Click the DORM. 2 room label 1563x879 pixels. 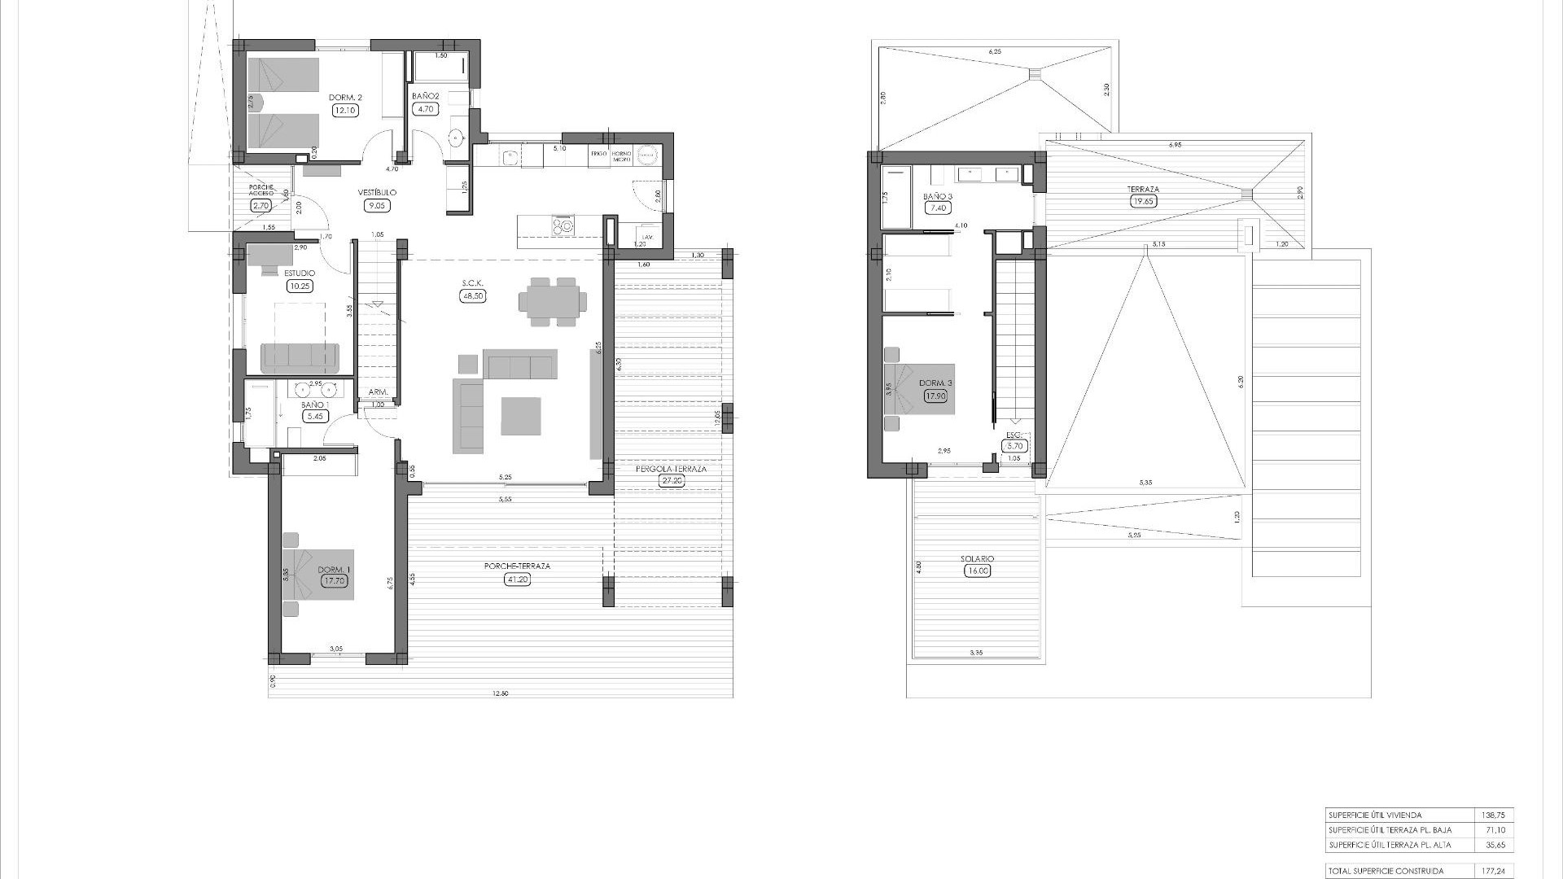pyautogui.click(x=345, y=98)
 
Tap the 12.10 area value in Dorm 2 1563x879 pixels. pyautogui.click(x=345, y=110)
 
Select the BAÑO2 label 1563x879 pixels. pyautogui.click(x=426, y=97)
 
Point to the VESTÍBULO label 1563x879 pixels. pyautogui.click(x=377, y=193)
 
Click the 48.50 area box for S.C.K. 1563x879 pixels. pyautogui.click(x=472, y=296)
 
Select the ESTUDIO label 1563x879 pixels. pyautogui.click(x=300, y=273)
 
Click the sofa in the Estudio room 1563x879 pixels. pyautogui.click(x=299, y=356)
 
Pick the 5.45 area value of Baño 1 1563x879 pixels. pyautogui.click(x=313, y=416)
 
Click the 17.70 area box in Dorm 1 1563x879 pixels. pyautogui.click(x=334, y=581)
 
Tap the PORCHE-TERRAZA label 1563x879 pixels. pyautogui.click(x=506, y=566)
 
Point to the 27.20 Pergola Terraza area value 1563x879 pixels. pyautogui.click(x=672, y=480)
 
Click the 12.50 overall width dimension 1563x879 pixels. pyautogui.click(x=501, y=693)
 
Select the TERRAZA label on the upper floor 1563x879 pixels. pyautogui.click(x=1143, y=189)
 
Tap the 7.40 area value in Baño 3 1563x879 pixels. pyautogui.click(x=938, y=208)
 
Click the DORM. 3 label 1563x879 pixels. pyautogui.click(x=935, y=383)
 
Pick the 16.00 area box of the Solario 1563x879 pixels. pyautogui.click(x=977, y=571)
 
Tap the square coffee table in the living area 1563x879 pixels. pyautogui.click(x=521, y=416)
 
